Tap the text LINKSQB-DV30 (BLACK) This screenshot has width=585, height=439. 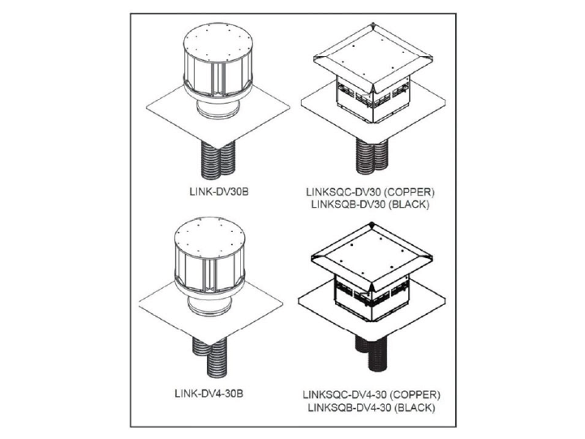(x=371, y=204)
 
